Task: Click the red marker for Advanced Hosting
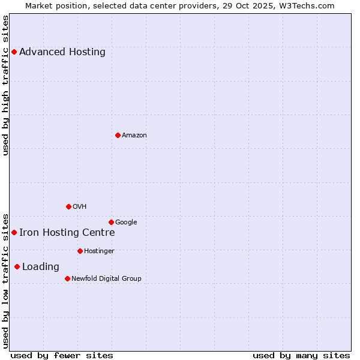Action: click(x=14, y=52)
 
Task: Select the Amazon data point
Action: click(x=118, y=135)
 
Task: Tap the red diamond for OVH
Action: click(x=68, y=206)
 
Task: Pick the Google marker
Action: click(x=111, y=222)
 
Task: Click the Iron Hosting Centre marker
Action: click(x=14, y=232)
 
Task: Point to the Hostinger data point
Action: click(x=80, y=251)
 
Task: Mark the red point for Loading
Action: click(x=17, y=266)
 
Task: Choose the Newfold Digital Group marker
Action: click(x=67, y=278)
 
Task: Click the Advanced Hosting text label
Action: click(x=62, y=52)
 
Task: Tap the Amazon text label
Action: click(x=134, y=136)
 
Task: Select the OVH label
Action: click(x=80, y=207)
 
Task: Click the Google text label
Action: click(x=126, y=223)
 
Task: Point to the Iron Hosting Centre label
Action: click(x=67, y=233)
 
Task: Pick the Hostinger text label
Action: click(x=99, y=251)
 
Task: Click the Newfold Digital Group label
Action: click(x=106, y=279)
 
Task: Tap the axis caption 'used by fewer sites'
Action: click(x=62, y=355)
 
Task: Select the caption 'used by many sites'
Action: click(x=301, y=355)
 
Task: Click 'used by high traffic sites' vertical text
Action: click(x=6, y=85)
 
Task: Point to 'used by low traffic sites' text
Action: click(x=6, y=280)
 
